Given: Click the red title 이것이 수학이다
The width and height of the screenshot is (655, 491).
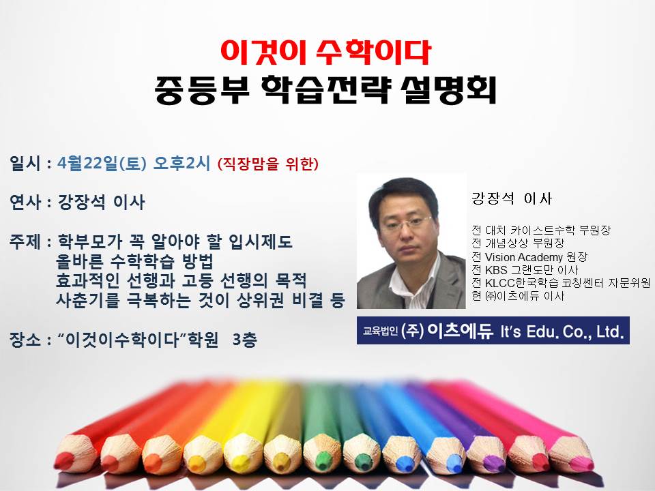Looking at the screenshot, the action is point(325,53).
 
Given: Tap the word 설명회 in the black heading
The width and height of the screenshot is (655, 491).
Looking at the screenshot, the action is point(448,91).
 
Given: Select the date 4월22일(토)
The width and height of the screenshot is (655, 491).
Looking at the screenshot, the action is point(102,163).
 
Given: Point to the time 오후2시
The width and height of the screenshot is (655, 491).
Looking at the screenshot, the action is point(181,163).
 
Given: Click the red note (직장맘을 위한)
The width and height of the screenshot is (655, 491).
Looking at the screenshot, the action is point(267,164).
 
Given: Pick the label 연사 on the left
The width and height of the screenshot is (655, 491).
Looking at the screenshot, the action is point(25,202).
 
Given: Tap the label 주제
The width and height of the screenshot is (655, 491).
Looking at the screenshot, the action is point(25,241).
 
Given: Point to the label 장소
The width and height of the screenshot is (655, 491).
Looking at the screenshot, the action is point(25,340).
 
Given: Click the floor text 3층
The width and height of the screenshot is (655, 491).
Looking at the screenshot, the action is point(244,340).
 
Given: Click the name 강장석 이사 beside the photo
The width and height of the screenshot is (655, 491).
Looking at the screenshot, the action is point(512,198).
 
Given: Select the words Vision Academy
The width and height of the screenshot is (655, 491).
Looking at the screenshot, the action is point(524,257).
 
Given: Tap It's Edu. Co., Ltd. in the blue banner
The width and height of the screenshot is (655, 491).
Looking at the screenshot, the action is point(562,331).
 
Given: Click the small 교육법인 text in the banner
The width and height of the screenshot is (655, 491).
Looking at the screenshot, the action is point(380,331).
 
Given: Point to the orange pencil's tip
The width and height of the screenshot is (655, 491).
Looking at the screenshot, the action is point(152,462).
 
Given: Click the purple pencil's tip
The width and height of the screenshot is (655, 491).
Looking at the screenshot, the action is point(488,461).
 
